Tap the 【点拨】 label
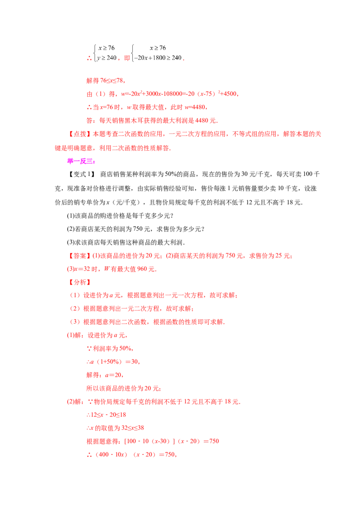point(80,134)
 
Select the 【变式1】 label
point(81,174)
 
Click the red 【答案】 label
point(80,256)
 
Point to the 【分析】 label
point(80,282)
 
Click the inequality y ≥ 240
point(107,58)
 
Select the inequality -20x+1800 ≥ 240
point(158,58)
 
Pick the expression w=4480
point(195,107)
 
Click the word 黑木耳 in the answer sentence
point(140,121)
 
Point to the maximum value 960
point(142,269)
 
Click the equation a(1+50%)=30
point(113,362)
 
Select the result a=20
point(113,375)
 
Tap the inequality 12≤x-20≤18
point(106,415)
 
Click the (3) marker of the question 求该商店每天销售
point(71,242)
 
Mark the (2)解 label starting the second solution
point(75,402)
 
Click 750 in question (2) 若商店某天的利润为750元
point(138,229)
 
